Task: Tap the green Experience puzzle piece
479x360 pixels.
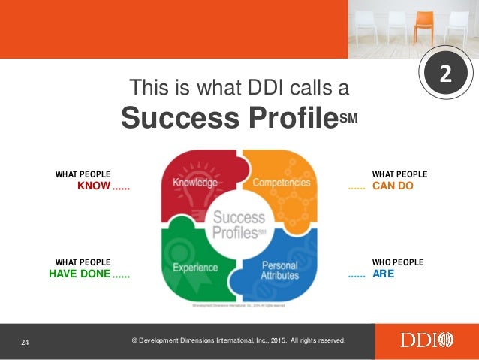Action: [x=194, y=267]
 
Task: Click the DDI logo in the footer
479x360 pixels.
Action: [x=426, y=340]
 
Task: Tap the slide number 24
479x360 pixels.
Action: [x=25, y=343]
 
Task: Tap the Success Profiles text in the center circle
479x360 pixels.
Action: [x=239, y=223]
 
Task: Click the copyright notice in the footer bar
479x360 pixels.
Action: [x=239, y=340]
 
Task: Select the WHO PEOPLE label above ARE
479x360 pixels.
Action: [x=397, y=262]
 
